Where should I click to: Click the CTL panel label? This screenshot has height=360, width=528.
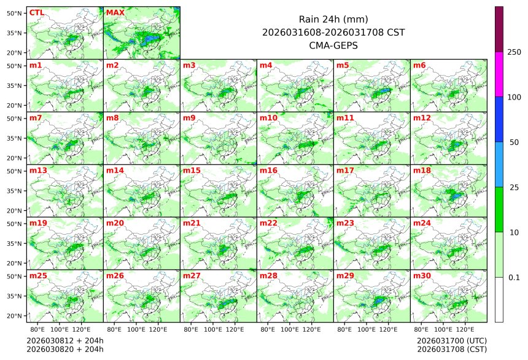[x=36, y=13]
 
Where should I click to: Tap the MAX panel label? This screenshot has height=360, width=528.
[x=115, y=13]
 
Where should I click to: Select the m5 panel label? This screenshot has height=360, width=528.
[x=343, y=65]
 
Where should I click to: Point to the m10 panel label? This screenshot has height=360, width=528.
[x=268, y=118]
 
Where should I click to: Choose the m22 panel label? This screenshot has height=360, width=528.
[x=268, y=223]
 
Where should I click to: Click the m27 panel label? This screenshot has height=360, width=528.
[x=192, y=276]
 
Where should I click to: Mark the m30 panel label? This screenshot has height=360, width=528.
[x=422, y=276]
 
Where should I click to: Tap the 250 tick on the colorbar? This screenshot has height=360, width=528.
[x=514, y=52]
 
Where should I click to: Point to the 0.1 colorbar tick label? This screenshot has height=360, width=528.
[x=514, y=278]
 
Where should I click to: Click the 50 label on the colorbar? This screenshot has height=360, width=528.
[x=514, y=143]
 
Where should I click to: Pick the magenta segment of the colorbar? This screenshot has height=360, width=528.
[x=499, y=74]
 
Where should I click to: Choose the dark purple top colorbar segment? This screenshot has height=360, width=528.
[x=499, y=29]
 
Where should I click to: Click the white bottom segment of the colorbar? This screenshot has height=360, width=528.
[x=499, y=299]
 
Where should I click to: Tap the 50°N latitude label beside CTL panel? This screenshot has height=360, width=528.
[x=15, y=13]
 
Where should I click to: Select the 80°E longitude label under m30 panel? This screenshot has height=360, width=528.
[x=421, y=329]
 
